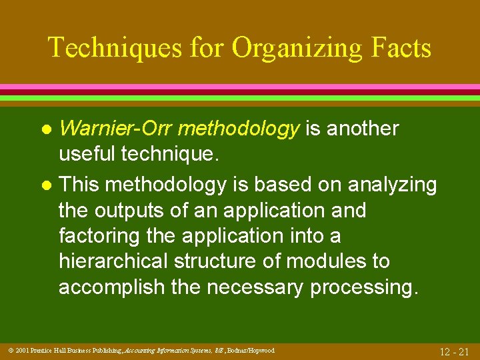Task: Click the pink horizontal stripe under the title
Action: [x=240, y=87]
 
